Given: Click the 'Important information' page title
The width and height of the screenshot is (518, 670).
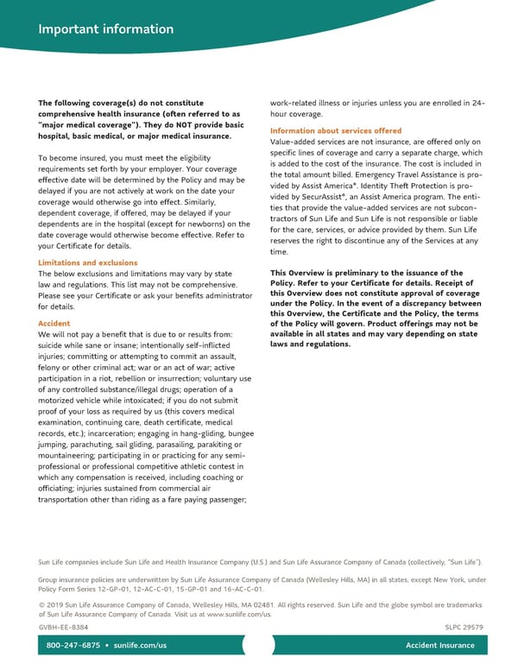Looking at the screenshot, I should [105, 29].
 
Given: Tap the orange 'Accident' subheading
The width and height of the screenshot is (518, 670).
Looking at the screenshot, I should [54, 323].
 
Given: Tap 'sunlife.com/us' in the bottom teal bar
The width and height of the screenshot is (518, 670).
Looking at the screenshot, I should [140, 646].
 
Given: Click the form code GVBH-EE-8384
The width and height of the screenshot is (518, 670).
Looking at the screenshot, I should [63, 627].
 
